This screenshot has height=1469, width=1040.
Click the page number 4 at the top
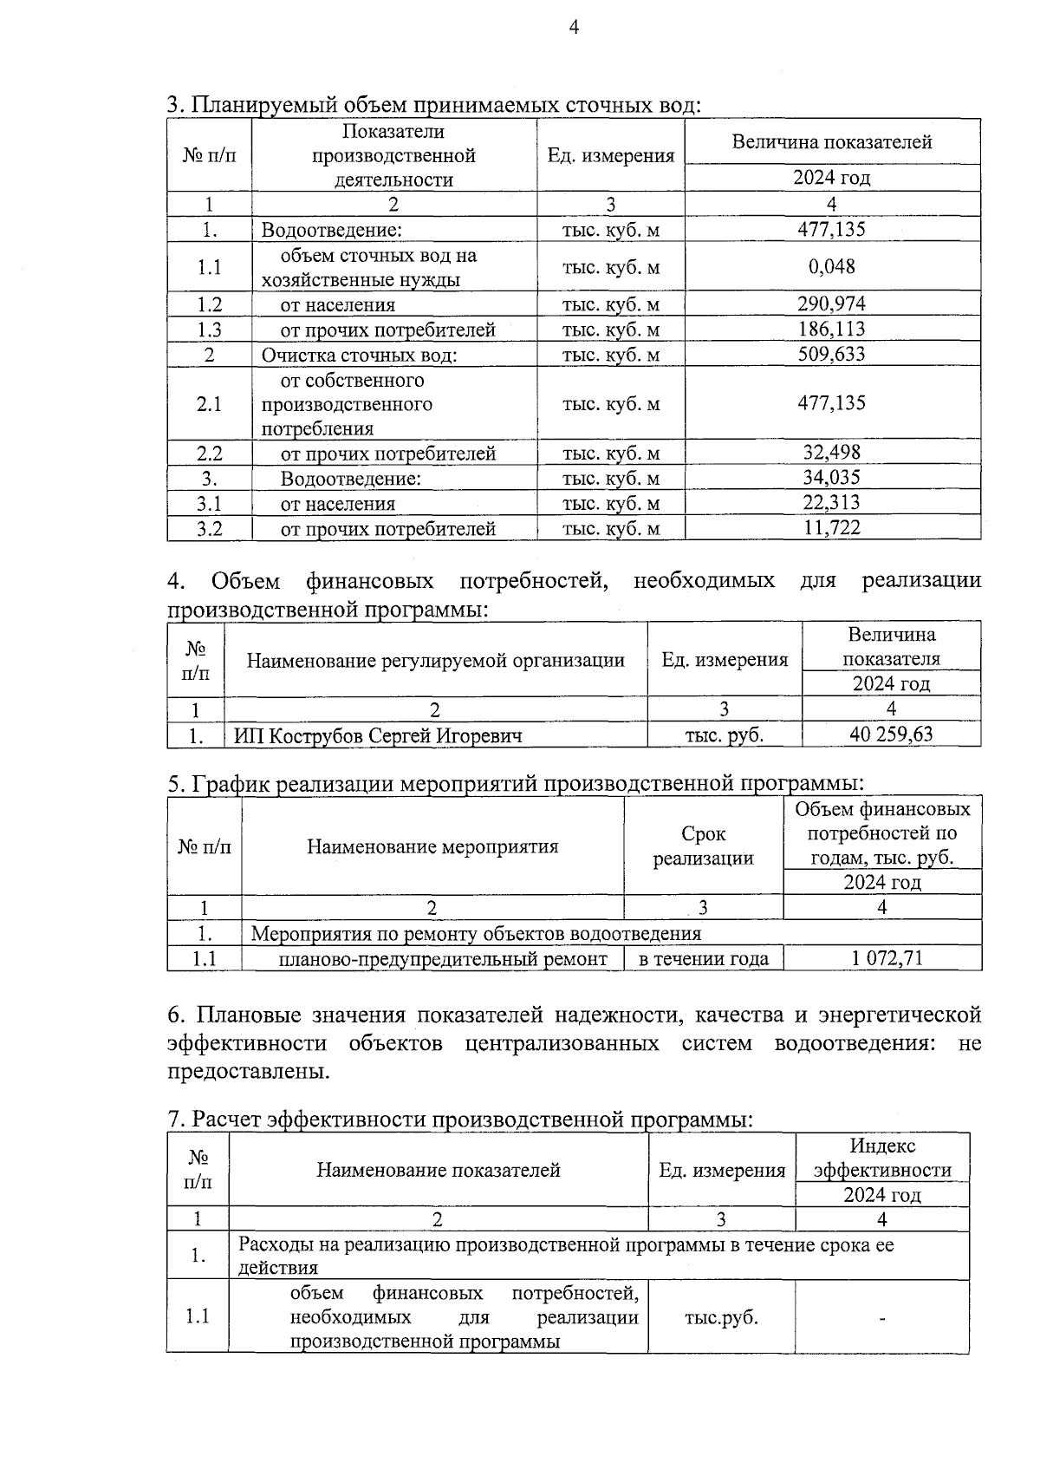tap(573, 28)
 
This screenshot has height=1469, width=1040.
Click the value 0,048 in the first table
tap(831, 267)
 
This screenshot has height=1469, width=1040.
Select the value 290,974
tap(831, 304)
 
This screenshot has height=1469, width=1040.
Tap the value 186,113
tap(831, 330)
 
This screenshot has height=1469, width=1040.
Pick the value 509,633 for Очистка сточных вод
tap(831, 355)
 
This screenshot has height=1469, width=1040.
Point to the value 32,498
tap(831, 453)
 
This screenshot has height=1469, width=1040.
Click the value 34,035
tap(831, 478)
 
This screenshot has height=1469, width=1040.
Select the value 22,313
tap(831, 503)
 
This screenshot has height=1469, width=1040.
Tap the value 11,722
tap(831, 528)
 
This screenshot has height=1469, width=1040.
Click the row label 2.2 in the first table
tap(209, 454)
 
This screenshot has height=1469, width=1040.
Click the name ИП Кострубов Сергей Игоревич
tap(378, 736)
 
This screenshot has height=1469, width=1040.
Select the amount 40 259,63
tap(891, 735)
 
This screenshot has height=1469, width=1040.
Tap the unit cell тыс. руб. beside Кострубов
tap(725, 736)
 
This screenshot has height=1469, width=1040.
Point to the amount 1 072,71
tap(881, 958)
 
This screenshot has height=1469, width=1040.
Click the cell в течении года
tap(703, 959)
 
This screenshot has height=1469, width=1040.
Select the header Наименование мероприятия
tap(432, 846)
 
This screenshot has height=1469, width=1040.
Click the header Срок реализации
tap(703, 846)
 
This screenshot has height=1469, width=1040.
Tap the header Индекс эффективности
tap(881, 1158)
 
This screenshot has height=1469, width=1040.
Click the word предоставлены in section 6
tap(248, 1071)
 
